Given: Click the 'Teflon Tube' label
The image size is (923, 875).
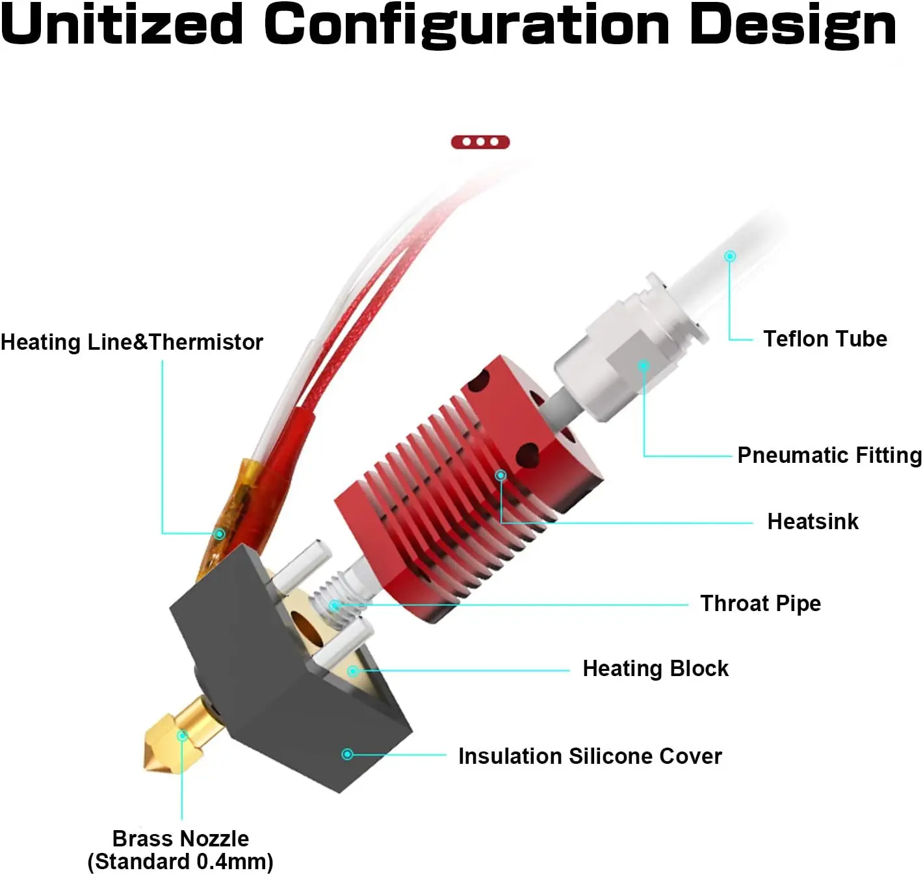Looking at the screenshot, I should tap(825, 339).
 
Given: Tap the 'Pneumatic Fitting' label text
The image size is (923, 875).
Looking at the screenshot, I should tap(829, 455).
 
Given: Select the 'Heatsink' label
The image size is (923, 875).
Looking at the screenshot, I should tap(812, 521).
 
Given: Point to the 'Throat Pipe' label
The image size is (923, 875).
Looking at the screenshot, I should tap(760, 603).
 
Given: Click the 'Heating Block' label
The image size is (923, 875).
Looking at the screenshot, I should tap(655, 668).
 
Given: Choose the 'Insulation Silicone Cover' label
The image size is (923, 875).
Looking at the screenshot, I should tap(590, 756).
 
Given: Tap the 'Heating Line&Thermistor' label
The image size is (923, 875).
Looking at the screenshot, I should tap(132, 342).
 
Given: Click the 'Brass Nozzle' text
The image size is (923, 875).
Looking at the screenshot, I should tap(181, 839).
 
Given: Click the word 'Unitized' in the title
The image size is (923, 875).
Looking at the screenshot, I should tap(122, 25).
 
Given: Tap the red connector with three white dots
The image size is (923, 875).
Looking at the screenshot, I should tap(480, 142).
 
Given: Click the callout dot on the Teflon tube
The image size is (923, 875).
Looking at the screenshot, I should tap(730, 256).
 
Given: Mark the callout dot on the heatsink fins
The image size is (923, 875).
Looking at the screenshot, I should tap(500, 475).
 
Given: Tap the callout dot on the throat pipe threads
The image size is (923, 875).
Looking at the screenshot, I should tap(334, 605).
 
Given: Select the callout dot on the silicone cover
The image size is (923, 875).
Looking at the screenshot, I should tap(347, 754).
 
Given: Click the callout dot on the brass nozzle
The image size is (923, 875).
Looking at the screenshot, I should tap(183, 736).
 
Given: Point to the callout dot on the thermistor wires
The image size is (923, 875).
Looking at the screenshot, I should tap(220, 534).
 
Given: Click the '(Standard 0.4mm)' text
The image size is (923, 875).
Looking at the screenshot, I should tap(181, 862).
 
